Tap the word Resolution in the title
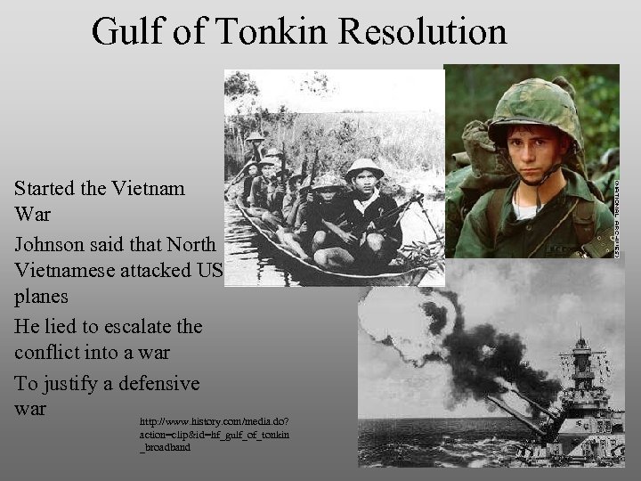tap(424, 32)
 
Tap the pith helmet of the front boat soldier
tap(363, 167)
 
